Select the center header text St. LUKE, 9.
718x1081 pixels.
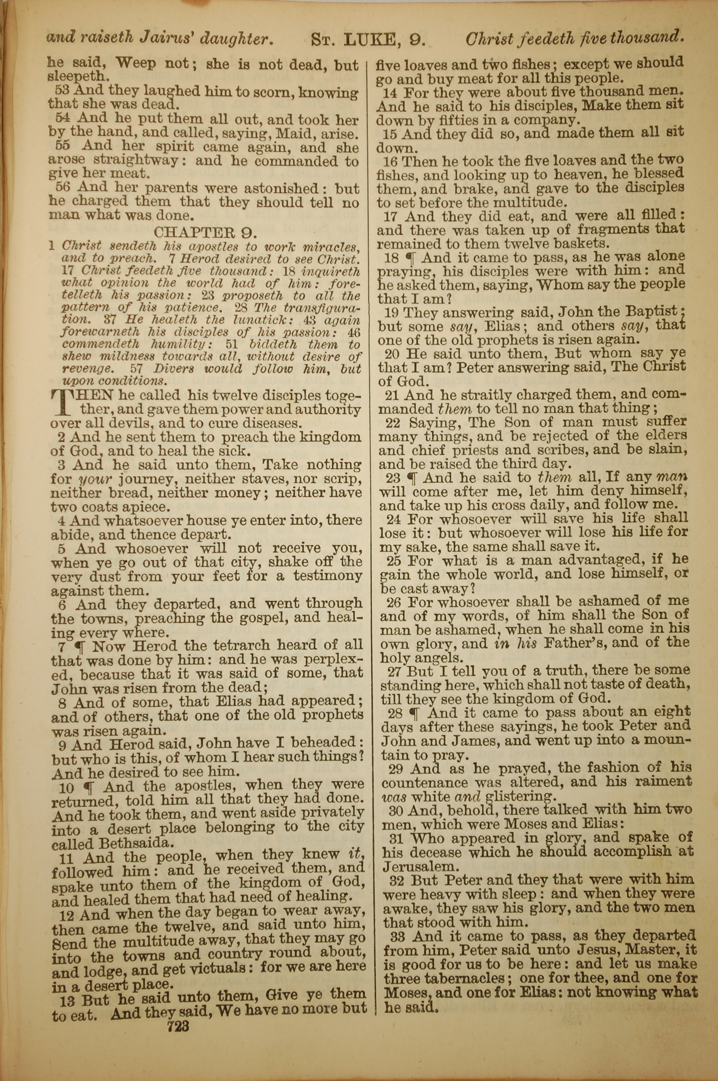point(368,40)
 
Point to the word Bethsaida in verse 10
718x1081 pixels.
point(136,843)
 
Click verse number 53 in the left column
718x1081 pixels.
point(62,89)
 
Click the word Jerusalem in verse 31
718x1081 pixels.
point(421,866)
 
